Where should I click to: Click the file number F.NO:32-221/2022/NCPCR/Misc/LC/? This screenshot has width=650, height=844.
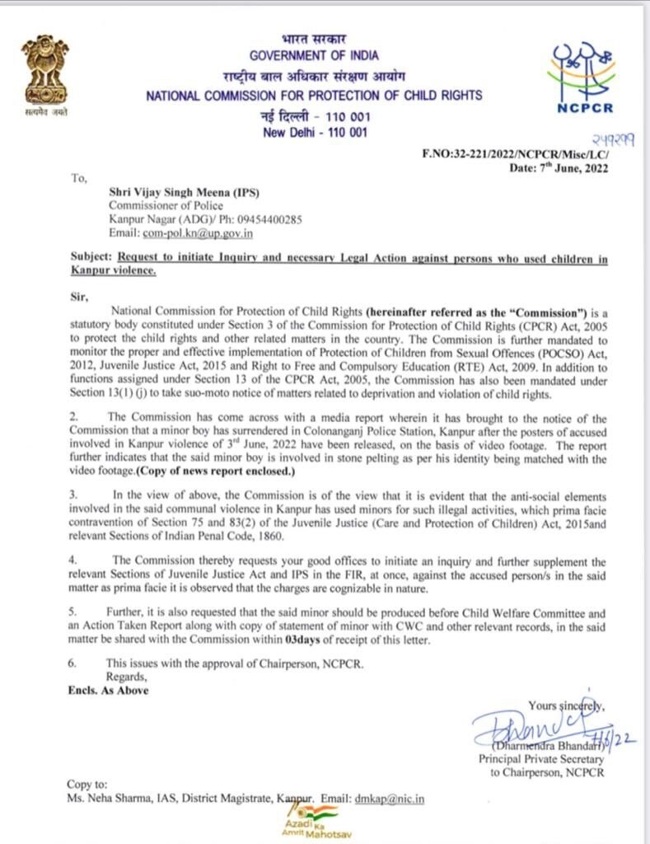[514, 155]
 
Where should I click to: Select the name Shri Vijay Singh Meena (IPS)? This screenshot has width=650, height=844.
[185, 192]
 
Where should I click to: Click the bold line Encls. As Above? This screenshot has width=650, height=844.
[108, 690]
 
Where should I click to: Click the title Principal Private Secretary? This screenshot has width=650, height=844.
[541, 758]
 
